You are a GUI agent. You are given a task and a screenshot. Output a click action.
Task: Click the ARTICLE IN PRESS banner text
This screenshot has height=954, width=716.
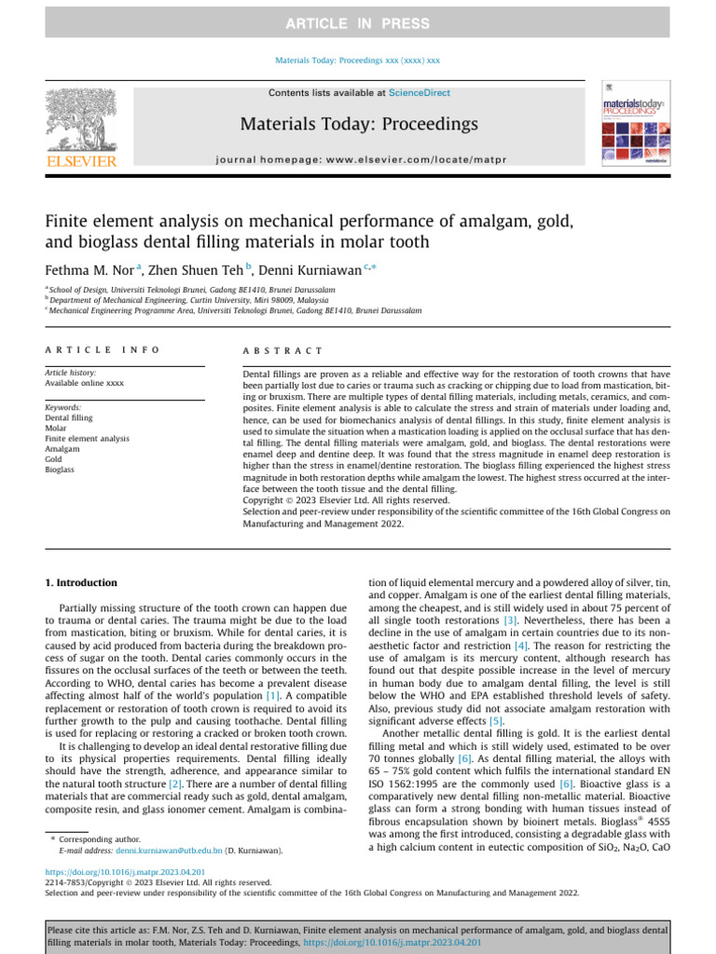click(x=358, y=23)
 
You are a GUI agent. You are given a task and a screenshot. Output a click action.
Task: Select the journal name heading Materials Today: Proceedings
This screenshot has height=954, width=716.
click(x=359, y=124)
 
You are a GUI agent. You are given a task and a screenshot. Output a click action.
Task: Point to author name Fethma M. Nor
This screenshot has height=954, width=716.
click(x=90, y=270)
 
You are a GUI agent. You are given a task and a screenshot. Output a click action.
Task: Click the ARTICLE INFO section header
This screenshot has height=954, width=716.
click(x=103, y=350)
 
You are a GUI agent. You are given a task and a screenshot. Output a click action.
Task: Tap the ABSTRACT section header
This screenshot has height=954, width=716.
click(x=282, y=350)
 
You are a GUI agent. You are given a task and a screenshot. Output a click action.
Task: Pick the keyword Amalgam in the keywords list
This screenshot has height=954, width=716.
click(x=62, y=448)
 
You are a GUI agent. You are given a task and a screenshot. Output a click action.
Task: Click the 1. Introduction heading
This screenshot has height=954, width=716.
click(x=82, y=583)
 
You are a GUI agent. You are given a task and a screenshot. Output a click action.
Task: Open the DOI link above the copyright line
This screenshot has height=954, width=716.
click(x=126, y=872)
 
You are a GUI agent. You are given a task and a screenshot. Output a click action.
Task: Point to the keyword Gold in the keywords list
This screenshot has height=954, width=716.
click(x=55, y=459)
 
